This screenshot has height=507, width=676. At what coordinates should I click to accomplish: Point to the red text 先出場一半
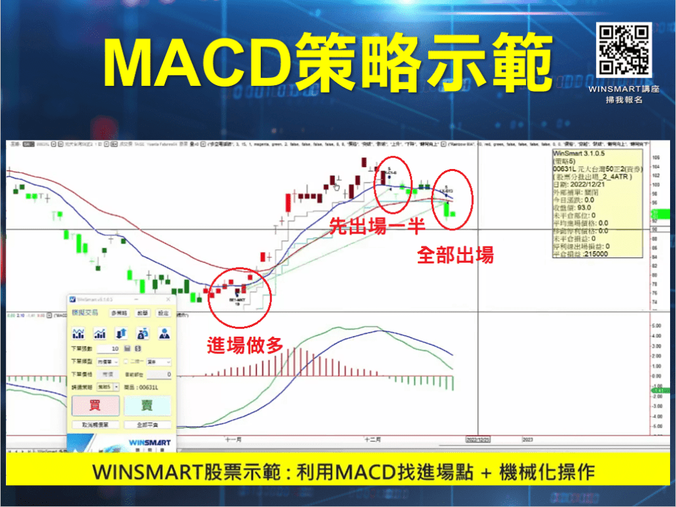[x=376, y=226]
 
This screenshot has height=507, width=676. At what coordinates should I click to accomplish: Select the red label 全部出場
[x=455, y=255]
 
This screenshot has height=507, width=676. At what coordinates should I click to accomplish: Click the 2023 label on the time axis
[x=527, y=438]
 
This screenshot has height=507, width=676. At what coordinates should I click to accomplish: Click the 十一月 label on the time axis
[x=234, y=438]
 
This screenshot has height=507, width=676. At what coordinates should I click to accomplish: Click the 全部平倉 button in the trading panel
[x=147, y=424]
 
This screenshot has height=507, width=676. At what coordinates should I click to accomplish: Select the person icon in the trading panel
[x=164, y=333]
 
